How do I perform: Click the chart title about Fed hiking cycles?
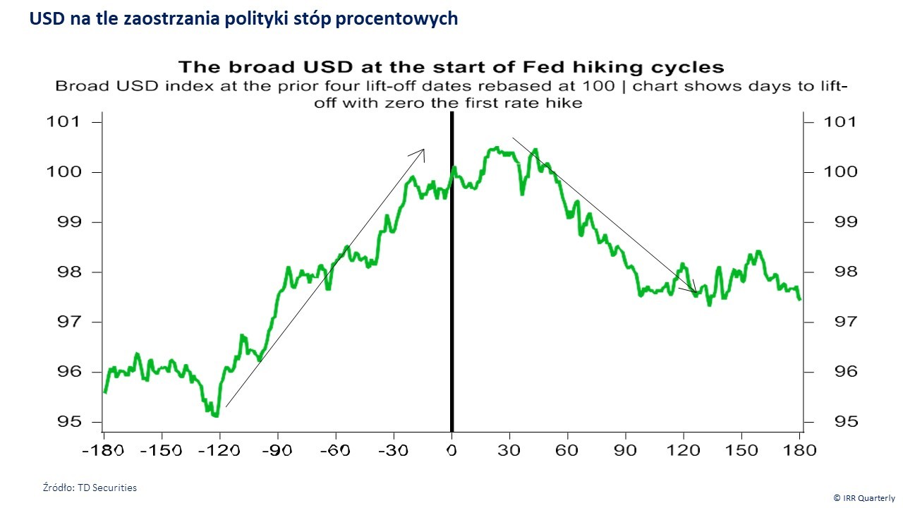451,67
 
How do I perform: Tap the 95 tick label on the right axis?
820,422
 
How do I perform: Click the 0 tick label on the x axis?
451,449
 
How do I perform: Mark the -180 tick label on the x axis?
104,449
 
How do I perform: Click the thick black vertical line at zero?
451,282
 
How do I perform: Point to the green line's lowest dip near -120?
216,416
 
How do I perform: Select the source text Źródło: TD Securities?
90,488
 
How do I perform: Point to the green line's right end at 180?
799,299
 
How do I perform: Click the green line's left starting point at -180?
104,392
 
